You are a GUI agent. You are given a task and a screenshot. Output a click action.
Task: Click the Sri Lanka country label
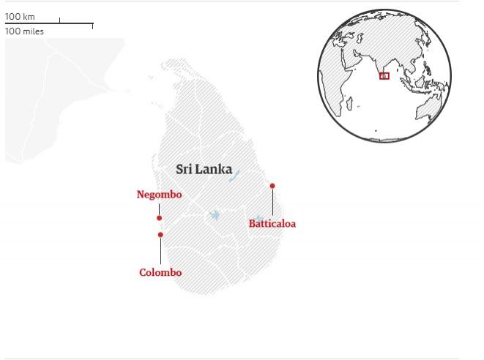click(204, 170)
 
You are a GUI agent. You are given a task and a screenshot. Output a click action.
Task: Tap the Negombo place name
click(159, 195)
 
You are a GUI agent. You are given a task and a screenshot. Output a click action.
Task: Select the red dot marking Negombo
click(159, 218)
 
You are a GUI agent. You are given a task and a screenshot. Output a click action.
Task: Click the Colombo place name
click(160, 273)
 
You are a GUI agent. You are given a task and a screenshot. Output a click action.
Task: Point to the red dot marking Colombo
click(160, 235)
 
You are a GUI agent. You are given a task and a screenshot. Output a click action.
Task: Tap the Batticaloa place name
click(272, 224)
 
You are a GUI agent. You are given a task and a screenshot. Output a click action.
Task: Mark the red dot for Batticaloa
click(272, 186)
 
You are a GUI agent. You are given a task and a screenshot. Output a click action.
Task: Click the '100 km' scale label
click(20, 16)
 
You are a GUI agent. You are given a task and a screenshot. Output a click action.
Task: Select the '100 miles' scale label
click(24, 31)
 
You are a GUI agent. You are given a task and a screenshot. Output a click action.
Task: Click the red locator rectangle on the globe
click(384, 76)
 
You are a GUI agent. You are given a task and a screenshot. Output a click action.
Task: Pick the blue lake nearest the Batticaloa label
click(259, 219)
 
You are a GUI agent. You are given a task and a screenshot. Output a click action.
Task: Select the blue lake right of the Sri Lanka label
click(234, 176)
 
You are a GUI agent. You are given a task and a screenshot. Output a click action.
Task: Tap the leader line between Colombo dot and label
click(160, 251)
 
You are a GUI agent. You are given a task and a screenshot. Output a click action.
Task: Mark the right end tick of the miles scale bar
click(92, 26)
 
